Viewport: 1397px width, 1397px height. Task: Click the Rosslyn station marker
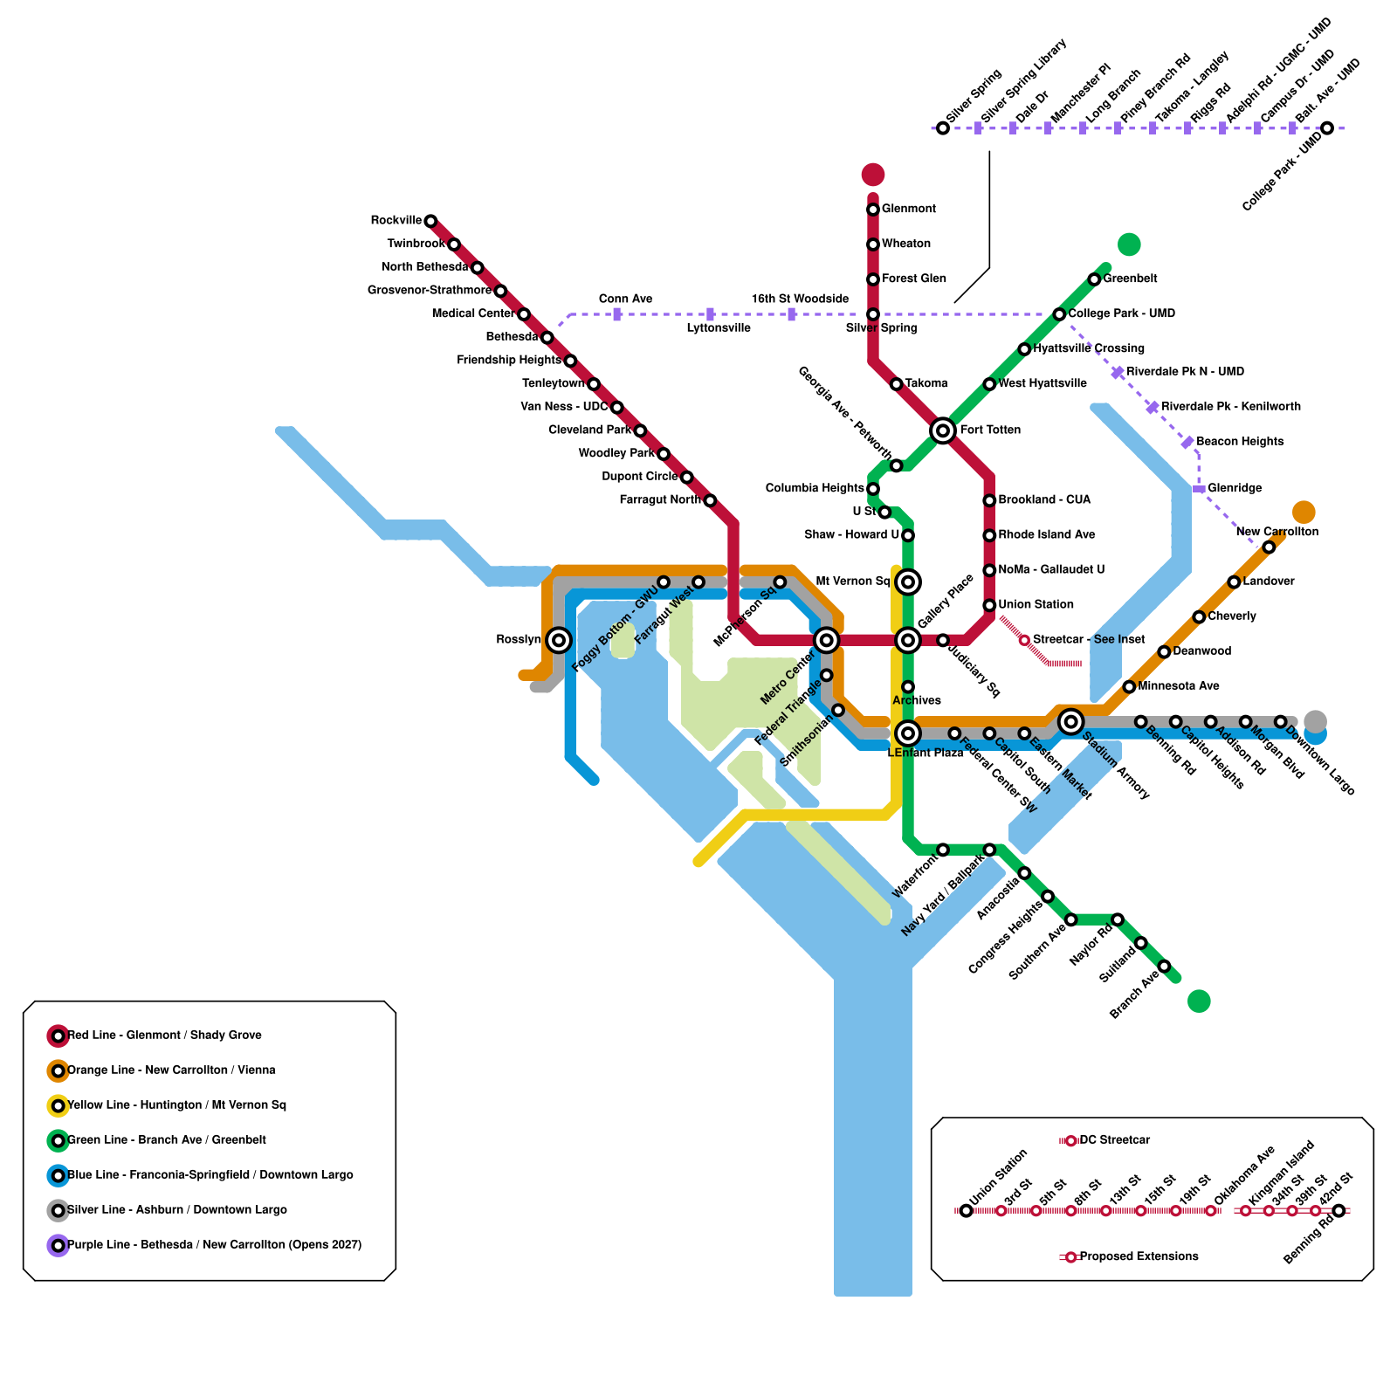559,640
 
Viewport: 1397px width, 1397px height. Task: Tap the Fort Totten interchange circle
942,430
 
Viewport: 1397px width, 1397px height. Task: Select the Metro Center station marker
826,641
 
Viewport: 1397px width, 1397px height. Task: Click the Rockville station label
396,220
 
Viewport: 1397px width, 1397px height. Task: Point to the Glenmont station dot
872,210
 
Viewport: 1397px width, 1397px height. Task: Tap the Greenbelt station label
1130,279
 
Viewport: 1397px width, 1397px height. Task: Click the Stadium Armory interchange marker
1070,721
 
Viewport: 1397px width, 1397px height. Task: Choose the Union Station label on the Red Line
1036,604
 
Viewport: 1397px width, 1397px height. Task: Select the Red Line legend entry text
164,1036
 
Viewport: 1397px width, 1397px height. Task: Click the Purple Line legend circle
58,1245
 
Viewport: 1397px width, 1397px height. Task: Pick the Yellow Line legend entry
176,1105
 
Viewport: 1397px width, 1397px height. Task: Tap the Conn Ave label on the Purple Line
625,299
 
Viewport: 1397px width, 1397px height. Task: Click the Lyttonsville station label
718,328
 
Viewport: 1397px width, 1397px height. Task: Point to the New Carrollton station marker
1269,547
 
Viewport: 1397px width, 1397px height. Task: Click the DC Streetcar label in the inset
1114,1140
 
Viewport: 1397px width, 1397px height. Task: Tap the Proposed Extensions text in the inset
1139,1256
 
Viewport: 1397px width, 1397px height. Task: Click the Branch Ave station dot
1164,967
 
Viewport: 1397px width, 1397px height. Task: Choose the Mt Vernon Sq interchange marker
908,582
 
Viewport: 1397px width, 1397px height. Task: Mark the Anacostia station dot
1024,873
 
